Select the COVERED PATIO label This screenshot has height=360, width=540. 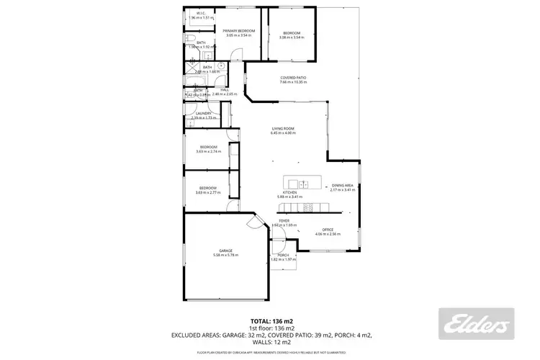coord(293,78)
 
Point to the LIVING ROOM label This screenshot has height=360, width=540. coord(282,128)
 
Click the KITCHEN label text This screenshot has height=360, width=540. coord(289,192)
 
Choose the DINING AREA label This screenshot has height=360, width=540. coord(342,185)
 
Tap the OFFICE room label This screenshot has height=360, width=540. coord(328,230)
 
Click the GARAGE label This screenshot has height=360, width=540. coord(225,251)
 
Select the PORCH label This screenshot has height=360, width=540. coord(282,255)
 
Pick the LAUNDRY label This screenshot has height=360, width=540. coord(202,113)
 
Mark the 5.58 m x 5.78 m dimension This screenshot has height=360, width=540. coord(225,256)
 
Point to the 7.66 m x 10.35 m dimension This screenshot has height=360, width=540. coord(293,83)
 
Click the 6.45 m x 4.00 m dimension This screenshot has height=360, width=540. coord(282,133)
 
